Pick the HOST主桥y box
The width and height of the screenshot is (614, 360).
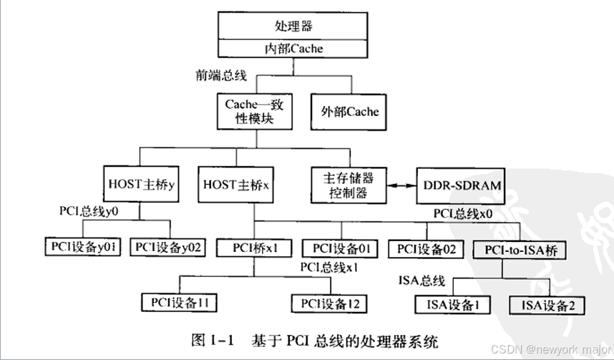[x=140, y=185]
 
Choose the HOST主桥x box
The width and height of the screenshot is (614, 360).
[x=235, y=185]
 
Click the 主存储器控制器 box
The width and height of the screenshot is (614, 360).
[x=349, y=184]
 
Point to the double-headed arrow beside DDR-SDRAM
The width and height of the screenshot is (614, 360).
[x=401, y=185]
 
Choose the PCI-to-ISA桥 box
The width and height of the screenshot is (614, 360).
[x=520, y=250]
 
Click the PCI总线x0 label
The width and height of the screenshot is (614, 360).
[x=463, y=213]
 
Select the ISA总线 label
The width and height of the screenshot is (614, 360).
[x=419, y=279]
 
